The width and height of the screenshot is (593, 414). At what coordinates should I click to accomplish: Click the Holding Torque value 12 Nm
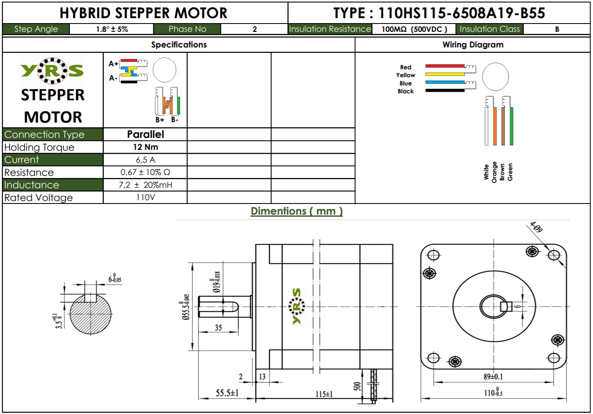(x=145, y=147)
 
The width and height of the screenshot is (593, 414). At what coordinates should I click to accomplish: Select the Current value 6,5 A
(x=145, y=160)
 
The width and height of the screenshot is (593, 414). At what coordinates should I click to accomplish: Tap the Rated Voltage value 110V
(x=145, y=197)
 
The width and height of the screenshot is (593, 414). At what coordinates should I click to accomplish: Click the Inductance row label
(x=32, y=185)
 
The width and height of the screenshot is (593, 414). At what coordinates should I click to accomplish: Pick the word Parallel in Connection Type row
(x=145, y=134)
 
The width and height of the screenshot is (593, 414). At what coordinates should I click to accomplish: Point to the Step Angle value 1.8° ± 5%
(x=112, y=29)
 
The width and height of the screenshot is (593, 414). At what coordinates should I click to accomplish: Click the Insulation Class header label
(x=489, y=29)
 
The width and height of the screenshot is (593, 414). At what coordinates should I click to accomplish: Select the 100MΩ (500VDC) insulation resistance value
(x=414, y=29)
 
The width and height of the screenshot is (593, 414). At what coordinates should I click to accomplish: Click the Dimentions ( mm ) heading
(x=296, y=211)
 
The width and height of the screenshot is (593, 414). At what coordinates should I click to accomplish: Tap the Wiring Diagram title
(x=473, y=45)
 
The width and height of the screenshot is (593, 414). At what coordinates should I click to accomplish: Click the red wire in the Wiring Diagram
(x=445, y=66)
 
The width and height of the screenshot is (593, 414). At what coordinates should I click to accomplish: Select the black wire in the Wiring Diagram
(x=445, y=90)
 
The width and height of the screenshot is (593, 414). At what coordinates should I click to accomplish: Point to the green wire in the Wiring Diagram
(x=512, y=126)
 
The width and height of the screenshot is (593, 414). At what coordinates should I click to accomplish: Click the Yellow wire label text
(x=405, y=75)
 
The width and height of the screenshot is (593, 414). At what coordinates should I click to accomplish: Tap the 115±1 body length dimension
(x=324, y=394)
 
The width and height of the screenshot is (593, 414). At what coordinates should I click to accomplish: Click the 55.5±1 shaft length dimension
(x=227, y=393)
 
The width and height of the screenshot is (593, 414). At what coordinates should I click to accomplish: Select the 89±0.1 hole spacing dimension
(x=493, y=376)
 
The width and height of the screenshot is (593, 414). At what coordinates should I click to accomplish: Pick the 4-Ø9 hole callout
(x=536, y=227)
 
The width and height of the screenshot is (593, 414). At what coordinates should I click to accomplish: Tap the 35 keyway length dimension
(x=218, y=328)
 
